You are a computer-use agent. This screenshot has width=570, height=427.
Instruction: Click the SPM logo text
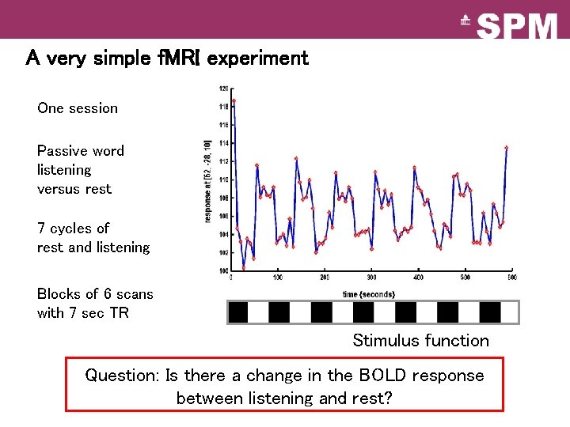(518, 26)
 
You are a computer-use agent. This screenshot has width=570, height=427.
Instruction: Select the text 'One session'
(78, 108)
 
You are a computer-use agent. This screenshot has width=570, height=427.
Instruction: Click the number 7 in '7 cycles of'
(41, 229)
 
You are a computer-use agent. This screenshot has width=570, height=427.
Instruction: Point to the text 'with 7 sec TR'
(82, 313)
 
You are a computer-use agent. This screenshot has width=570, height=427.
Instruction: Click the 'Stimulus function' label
(420, 341)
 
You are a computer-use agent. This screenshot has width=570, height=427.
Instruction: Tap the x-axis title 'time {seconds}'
(369, 294)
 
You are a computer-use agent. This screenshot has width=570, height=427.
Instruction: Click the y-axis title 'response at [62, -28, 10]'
(207, 179)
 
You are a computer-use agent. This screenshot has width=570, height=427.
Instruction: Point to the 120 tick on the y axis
(223, 89)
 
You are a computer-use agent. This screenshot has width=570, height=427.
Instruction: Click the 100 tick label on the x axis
(278, 278)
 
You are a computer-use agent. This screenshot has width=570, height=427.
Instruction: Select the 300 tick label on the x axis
(371, 278)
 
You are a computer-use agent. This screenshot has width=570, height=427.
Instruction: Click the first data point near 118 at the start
(234, 100)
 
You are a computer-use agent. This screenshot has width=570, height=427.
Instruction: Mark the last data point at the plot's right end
(507, 147)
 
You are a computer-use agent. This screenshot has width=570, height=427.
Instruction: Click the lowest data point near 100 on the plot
(244, 267)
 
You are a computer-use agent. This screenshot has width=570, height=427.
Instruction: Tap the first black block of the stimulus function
(237, 313)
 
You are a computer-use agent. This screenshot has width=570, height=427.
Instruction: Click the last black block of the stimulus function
(491, 313)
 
